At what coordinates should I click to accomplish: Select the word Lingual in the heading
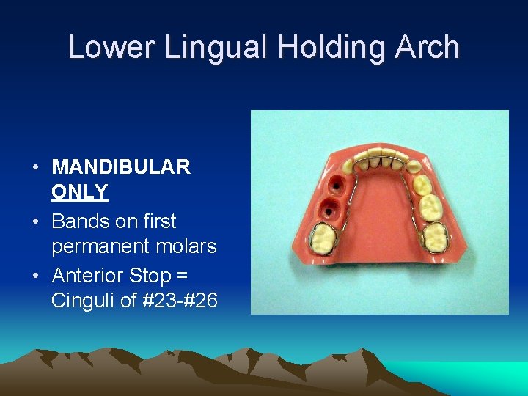pos(221,48)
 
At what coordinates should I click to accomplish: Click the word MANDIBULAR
pos(121,167)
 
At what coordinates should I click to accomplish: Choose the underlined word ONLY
pos(80,192)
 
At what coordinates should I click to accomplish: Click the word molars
pos(191,246)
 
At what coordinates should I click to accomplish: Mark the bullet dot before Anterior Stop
pos(35,276)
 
